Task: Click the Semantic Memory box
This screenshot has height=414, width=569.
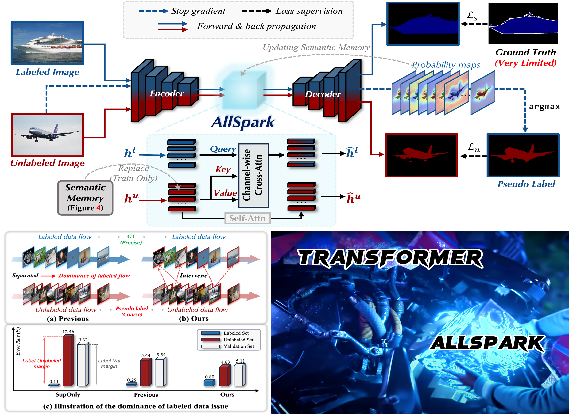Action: pos(85,198)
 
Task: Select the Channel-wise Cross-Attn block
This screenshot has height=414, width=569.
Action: pos(253,175)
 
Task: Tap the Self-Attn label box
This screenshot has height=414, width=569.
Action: pos(247,218)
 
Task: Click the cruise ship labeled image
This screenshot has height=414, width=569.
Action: pos(47,43)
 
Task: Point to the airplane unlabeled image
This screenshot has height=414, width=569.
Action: pos(47,135)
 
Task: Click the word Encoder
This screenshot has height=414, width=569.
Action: pos(167,93)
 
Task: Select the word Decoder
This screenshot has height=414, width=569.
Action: pos(323,94)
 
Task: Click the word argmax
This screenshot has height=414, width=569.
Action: pos(544,107)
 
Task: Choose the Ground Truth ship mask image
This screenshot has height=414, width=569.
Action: pos(523,24)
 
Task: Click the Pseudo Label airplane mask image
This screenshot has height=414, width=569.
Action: pos(523,155)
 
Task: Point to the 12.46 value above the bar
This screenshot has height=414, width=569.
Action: pos(68,332)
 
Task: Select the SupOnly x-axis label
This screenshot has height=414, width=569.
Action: pos(68,394)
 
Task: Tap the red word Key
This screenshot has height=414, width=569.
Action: pos(223,169)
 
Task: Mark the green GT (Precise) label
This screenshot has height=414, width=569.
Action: pos(131,239)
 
